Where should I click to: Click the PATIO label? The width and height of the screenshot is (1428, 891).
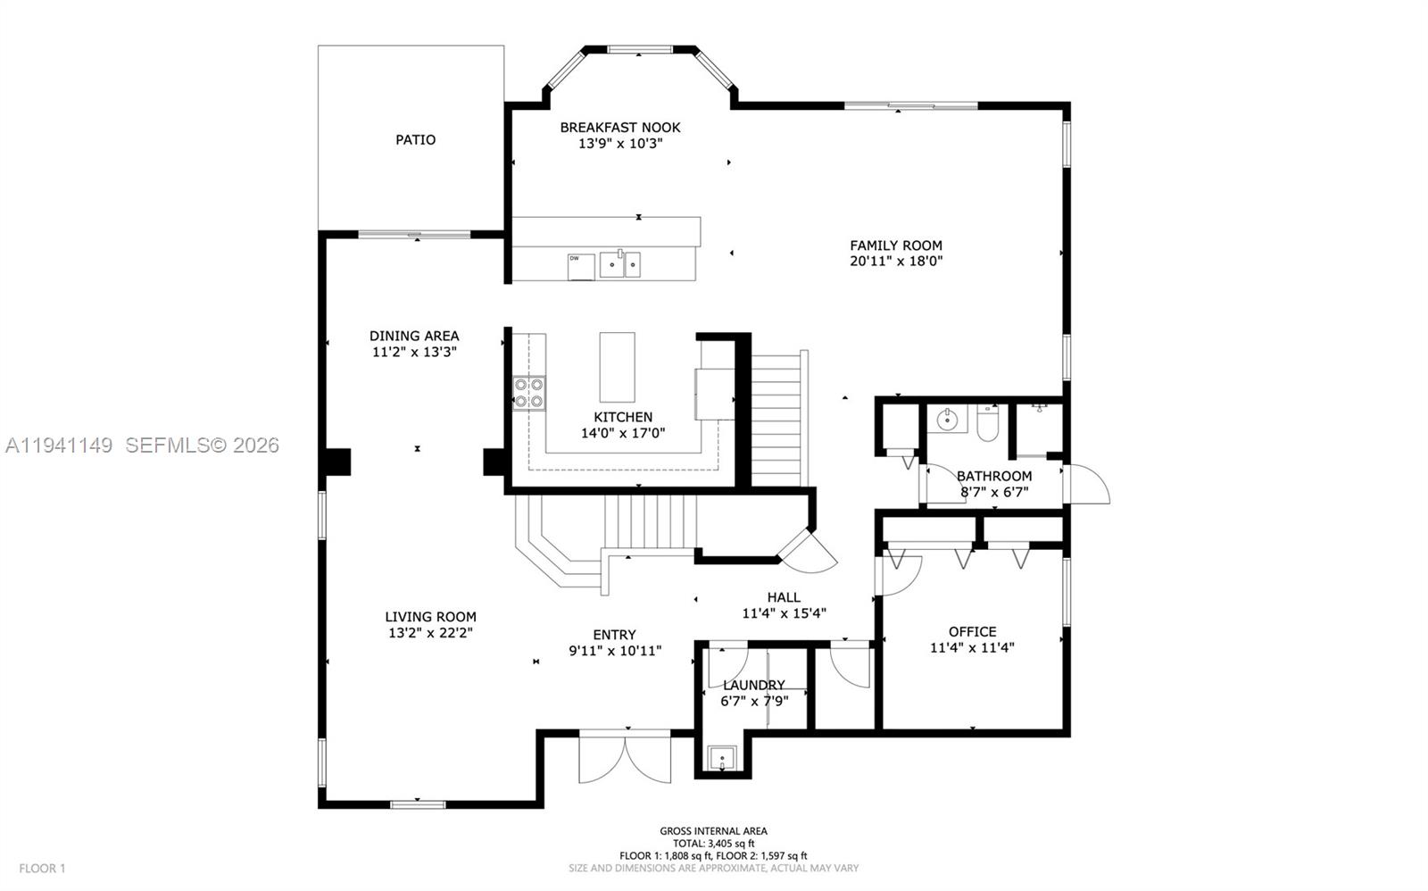[416, 140]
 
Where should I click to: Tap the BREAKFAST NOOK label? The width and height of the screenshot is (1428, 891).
[620, 128]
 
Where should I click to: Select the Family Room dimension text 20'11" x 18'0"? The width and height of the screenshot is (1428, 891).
[896, 262]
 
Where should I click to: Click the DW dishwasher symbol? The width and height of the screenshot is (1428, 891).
[581, 266]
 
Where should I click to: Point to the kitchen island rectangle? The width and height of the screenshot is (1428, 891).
[617, 367]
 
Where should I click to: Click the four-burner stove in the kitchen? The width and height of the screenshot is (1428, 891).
[529, 393]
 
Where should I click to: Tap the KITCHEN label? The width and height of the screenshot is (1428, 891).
[623, 417]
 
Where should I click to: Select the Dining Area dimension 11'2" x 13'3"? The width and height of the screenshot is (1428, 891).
[414, 352]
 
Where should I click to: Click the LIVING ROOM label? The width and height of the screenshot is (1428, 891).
[430, 617]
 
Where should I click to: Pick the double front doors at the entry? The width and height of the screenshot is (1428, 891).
[625, 759]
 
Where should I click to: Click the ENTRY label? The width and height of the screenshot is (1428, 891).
[614, 636]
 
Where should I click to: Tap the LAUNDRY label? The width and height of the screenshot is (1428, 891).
[754, 686]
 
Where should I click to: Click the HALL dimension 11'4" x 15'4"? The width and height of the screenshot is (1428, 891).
[784, 613]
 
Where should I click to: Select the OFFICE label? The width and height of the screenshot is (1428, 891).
[972, 632]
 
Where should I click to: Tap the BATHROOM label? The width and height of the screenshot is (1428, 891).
[994, 477]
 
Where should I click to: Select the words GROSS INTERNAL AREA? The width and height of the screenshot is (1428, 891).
[713, 831]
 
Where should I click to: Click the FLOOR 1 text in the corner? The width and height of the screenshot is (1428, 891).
[43, 868]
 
